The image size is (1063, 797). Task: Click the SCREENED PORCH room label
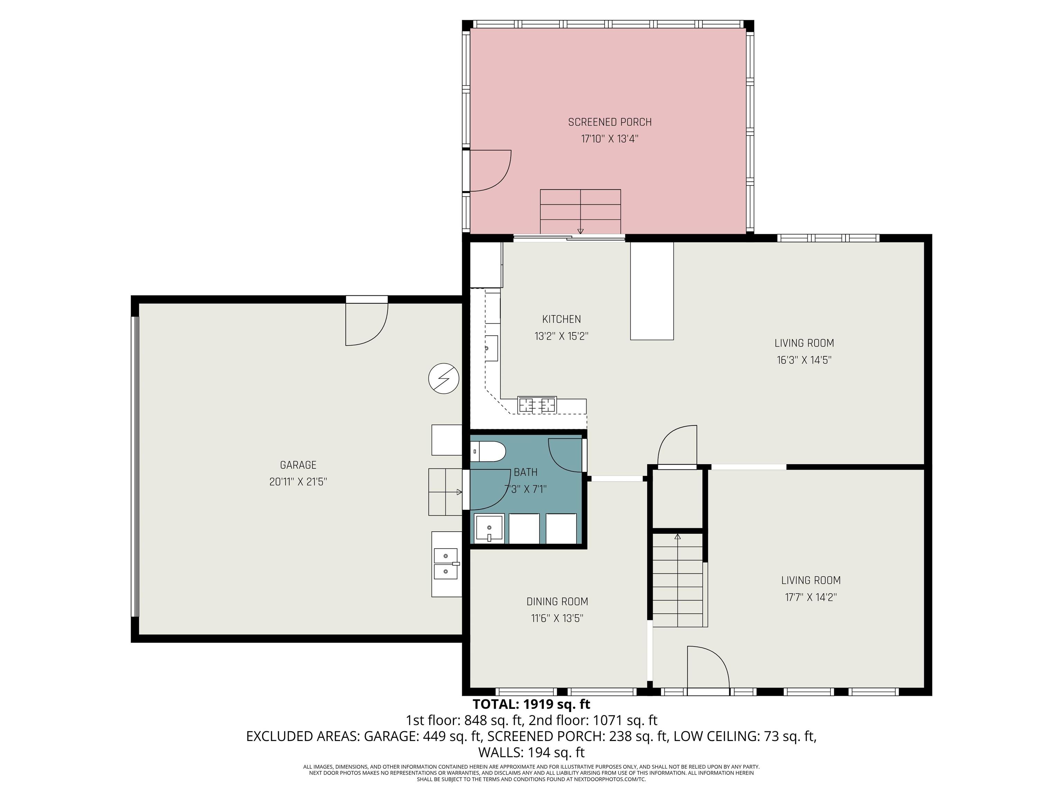(x=609, y=122)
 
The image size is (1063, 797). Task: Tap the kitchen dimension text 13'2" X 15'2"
(x=561, y=336)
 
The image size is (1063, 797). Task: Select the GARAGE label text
(x=298, y=465)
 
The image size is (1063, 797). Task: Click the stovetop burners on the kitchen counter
(x=537, y=405)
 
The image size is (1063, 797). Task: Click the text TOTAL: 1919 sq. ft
(x=531, y=704)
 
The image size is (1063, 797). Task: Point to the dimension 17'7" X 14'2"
(x=811, y=597)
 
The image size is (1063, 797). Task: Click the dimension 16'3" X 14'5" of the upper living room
(x=804, y=360)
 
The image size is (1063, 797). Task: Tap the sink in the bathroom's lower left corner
(x=489, y=528)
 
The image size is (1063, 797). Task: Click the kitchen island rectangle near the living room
(x=651, y=291)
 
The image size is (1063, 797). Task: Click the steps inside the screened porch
(x=580, y=211)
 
